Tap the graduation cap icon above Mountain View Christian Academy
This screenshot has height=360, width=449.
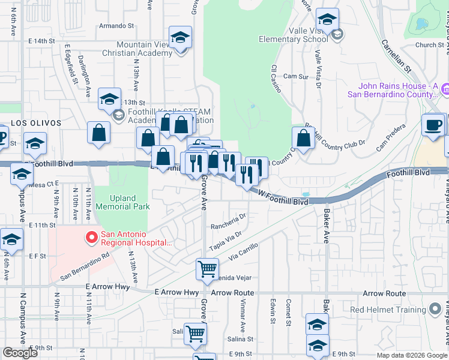tap(180, 38)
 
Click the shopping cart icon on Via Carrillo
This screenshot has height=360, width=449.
tap(207, 269)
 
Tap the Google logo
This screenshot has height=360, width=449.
tap(21, 353)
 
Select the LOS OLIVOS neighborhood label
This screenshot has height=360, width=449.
tap(36, 122)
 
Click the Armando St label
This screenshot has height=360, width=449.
tap(116, 26)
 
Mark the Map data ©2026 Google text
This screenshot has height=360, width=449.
tap(411, 355)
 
